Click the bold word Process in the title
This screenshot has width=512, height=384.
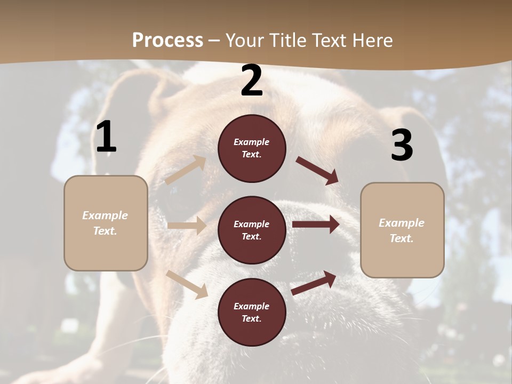(x=167, y=41)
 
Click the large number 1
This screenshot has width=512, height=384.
(x=106, y=137)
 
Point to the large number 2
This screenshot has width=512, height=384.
(x=252, y=81)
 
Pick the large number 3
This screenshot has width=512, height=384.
(x=402, y=145)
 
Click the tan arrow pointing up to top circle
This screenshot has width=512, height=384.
(x=186, y=170)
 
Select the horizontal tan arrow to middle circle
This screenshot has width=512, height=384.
(x=187, y=226)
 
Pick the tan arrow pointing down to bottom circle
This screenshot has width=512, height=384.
(x=187, y=284)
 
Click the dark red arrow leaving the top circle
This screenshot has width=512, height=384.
(x=317, y=171)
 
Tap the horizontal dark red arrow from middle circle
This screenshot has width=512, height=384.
(x=316, y=225)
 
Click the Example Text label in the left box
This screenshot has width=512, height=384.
(x=106, y=223)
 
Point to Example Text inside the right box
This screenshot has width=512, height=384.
(x=402, y=230)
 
